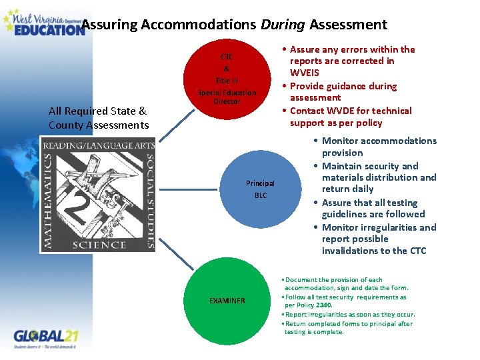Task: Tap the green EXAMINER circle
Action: pyautogui.click(x=227, y=301)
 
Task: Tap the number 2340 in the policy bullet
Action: pyautogui.click(x=323, y=305)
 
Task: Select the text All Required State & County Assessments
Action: pyautogui.click(x=98, y=118)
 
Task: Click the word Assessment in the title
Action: pyautogui.click(x=347, y=25)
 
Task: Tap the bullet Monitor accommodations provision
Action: pyautogui.click(x=379, y=147)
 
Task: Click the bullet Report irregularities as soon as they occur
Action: pyautogui.click(x=350, y=315)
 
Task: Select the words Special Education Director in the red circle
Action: pyautogui.click(x=227, y=97)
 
